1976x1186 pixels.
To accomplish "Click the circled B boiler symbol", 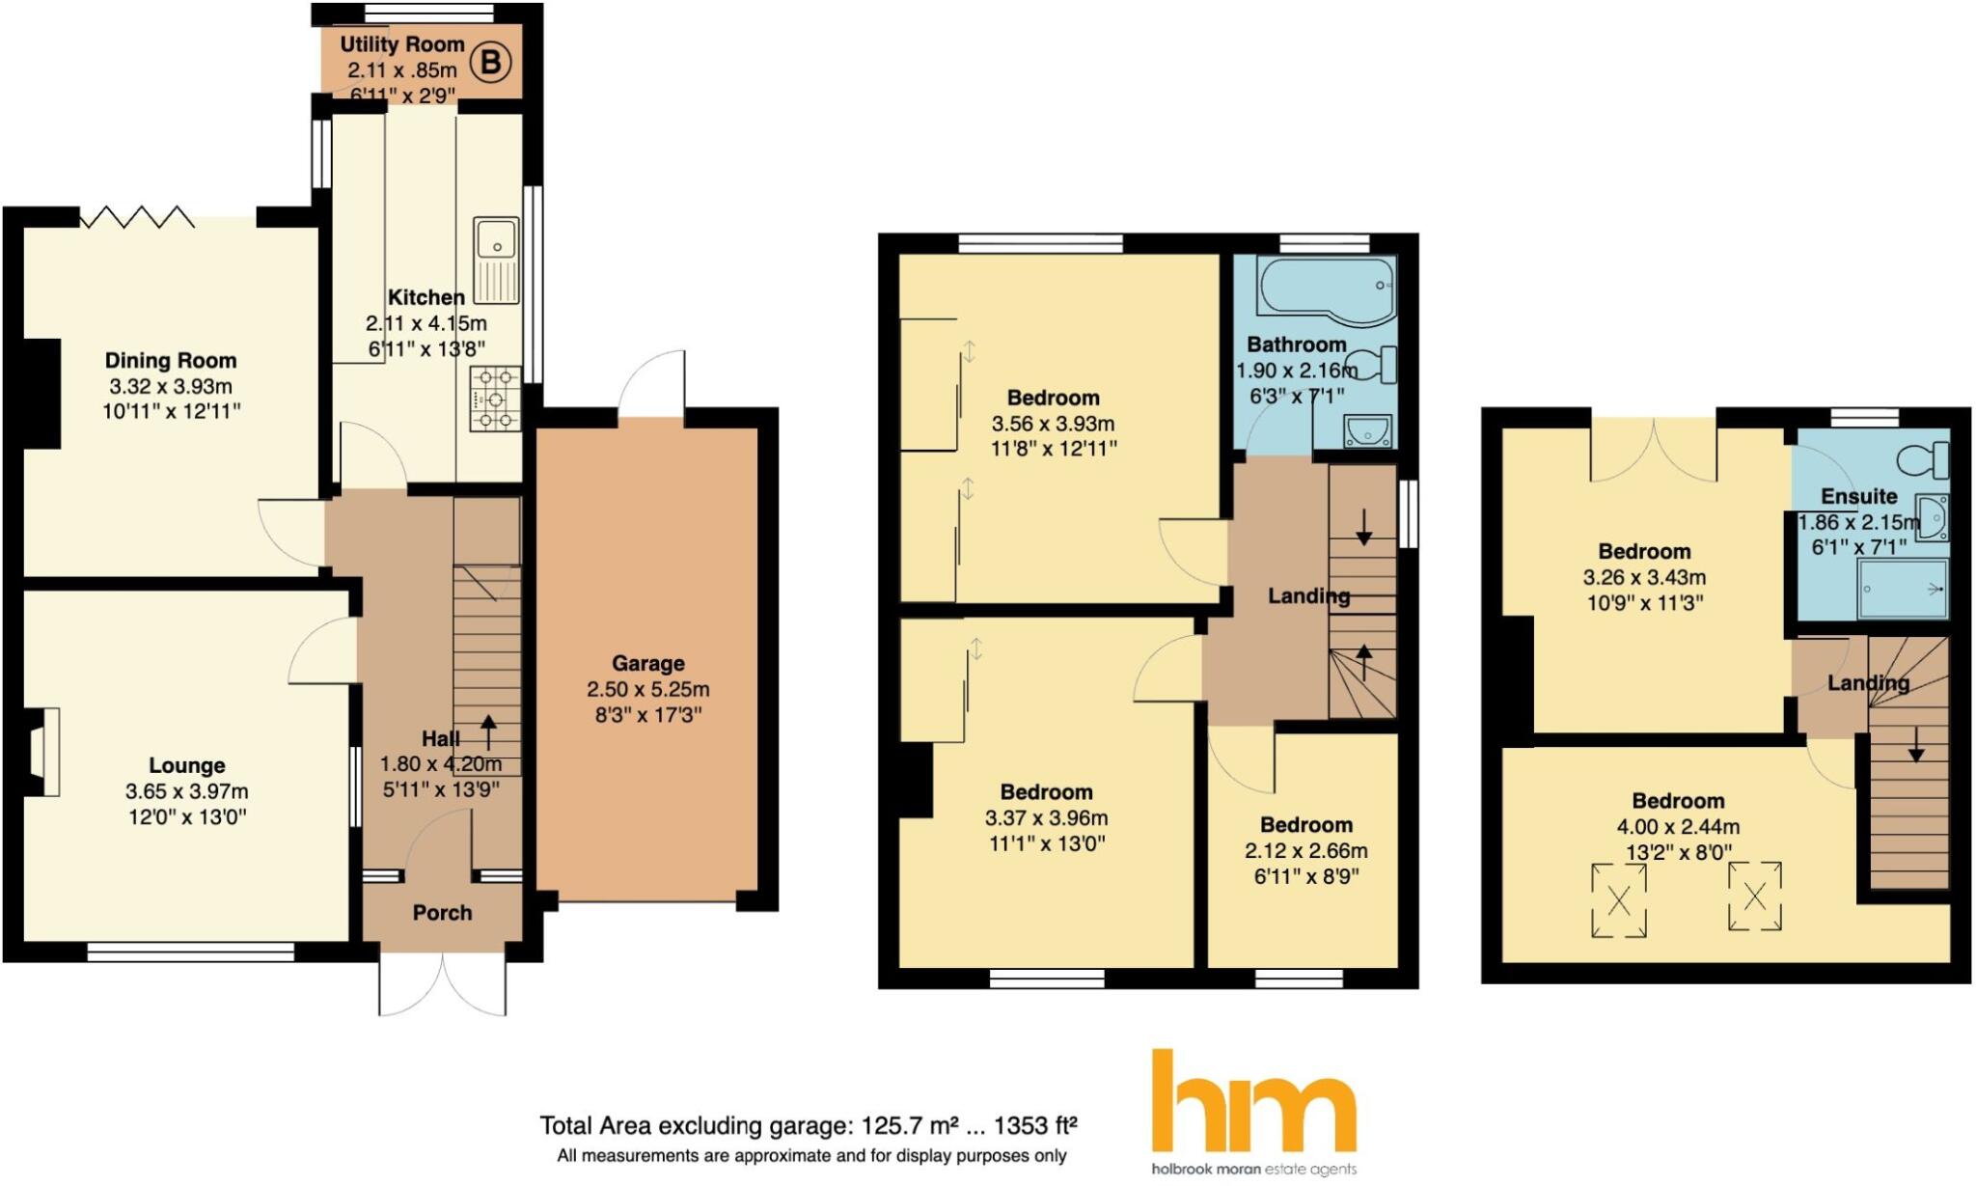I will pyautogui.click(x=490, y=64).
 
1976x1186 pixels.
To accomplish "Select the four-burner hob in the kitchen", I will pyautogui.click(x=495, y=398).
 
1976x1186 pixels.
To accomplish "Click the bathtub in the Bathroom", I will pyautogui.click(x=1327, y=286).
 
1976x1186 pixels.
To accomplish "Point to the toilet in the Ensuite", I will pyautogui.click(x=1923, y=459).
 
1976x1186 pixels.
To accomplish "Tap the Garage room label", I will pyautogui.click(x=648, y=664).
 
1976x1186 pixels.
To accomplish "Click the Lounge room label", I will pyautogui.click(x=187, y=766).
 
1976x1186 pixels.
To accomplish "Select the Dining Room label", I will pyautogui.click(x=171, y=361).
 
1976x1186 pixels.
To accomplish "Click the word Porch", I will pyautogui.click(x=442, y=913).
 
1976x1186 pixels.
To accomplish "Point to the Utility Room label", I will pyautogui.click(x=401, y=44).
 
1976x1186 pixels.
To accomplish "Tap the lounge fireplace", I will pyautogui.click(x=42, y=753).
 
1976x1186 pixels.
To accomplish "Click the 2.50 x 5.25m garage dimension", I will pyautogui.click(x=648, y=690).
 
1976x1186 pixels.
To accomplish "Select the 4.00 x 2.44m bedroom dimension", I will pyautogui.click(x=1678, y=827).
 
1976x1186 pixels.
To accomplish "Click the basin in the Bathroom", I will pyautogui.click(x=1367, y=431).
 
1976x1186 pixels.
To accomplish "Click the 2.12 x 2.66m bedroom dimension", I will pyautogui.click(x=1306, y=851).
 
